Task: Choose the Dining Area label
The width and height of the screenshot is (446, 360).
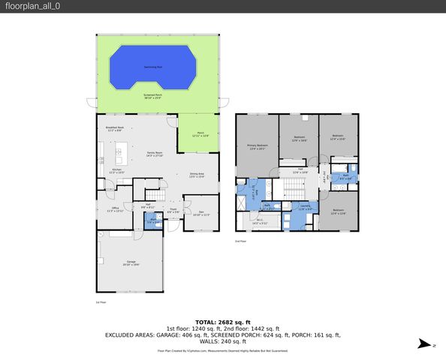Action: (x=197, y=175)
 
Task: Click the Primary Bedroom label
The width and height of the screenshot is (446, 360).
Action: (x=258, y=147)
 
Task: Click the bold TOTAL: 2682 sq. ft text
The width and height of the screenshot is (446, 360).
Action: (x=223, y=321)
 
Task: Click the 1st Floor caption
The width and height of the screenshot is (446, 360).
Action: (x=101, y=301)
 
